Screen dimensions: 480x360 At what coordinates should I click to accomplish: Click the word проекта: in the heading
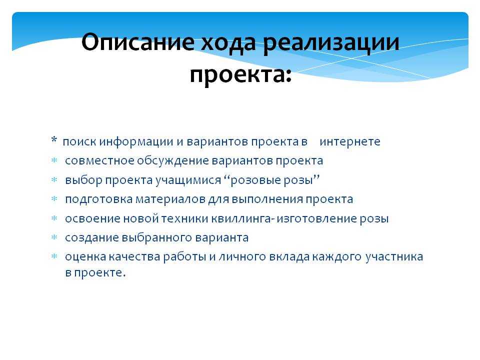(x=240, y=75)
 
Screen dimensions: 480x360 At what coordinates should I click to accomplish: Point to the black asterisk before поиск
(x=54, y=140)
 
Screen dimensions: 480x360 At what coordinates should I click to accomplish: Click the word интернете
(x=350, y=141)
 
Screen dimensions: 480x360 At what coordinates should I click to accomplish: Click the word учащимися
(x=188, y=180)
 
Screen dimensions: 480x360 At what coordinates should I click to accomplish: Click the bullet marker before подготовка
(x=54, y=199)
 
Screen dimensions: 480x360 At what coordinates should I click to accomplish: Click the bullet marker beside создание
(x=54, y=237)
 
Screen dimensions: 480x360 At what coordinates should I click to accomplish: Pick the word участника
(x=394, y=257)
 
